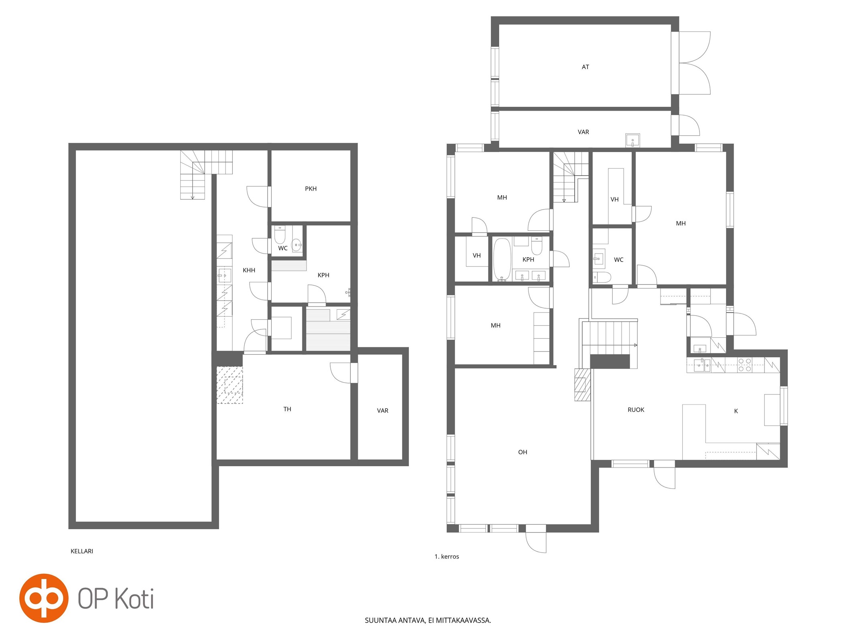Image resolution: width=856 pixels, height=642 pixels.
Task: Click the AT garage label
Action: [585, 67]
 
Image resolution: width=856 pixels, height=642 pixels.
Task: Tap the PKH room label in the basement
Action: [311, 189]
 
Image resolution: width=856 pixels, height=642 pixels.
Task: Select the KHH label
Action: [249, 270]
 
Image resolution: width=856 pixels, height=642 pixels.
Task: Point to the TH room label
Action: [287, 409]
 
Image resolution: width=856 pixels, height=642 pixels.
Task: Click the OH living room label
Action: [522, 452]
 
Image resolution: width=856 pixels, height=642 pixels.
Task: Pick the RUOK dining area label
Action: [636, 410]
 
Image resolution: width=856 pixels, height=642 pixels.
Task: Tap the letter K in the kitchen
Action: [736, 411]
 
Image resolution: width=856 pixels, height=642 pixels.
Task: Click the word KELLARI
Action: [82, 551]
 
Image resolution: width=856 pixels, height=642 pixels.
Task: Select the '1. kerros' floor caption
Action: [447, 557]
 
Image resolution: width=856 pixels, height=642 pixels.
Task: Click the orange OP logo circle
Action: [44, 598]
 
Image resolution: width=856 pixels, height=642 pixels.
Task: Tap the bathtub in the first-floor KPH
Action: [502, 259]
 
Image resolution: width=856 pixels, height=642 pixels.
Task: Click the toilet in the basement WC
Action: [280, 235]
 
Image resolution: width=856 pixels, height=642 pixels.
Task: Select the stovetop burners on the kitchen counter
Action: [745, 365]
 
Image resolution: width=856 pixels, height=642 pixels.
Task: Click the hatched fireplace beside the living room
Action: [582, 385]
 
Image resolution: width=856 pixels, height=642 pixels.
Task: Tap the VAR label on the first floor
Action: [583, 132]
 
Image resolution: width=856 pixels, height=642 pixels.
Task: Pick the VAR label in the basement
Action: [382, 410]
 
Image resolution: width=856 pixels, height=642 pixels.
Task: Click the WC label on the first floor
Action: [618, 260]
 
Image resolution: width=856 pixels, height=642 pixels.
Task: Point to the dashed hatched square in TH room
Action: [230, 385]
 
